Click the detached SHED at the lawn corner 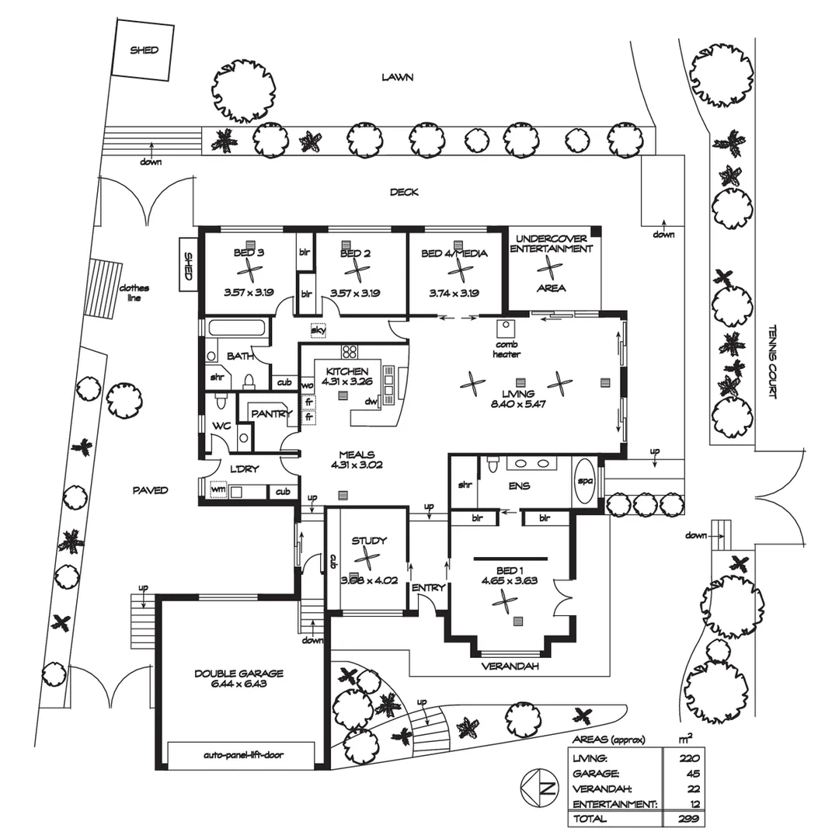click(x=143, y=49)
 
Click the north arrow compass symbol click(x=537, y=790)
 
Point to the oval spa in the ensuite click(x=584, y=481)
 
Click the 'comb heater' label click(x=505, y=350)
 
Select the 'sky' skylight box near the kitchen click(x=318, y=330)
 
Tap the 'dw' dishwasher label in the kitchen click(x=371, y=402)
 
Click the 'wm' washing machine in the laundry click(x=218, y=490)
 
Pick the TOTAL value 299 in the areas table click(x=687, y=819)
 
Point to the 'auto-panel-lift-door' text click(x=240, y=754)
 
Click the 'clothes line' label click(x=134, y=292)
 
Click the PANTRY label click(x=270, y=414)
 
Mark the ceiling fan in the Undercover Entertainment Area click(x=551, y=268)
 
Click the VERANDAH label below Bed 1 click(x=510, y=667)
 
